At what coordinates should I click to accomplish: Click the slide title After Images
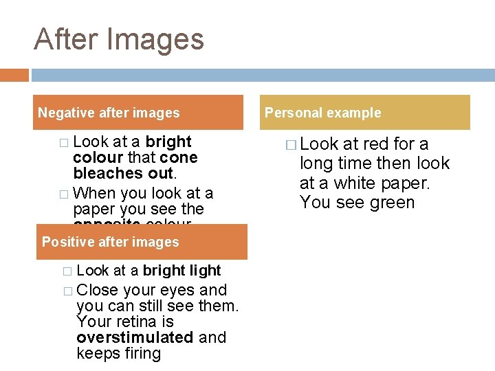pyautogui.click(x=119, y=39)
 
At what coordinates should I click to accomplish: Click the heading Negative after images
pyautogui.click(x=109, y=113)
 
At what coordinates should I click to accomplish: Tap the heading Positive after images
pyautogui.click(x=110, y=242)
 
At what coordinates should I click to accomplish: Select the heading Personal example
pyautogui.click(x=323, y=113)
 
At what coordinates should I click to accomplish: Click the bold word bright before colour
pyautogui.click(x=168, y=142)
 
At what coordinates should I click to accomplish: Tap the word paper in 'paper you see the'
pyautogui.click(x=94, y=209)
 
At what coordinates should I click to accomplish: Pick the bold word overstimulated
pyautogui.click(x=135, y=337)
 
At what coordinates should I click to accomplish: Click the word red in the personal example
pyautogui.click(x=376, y=144)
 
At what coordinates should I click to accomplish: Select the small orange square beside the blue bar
pyautogui.click(x=14, y=75)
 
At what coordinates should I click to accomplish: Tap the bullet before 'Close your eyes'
pyautogui.click(x=67, y=291)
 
